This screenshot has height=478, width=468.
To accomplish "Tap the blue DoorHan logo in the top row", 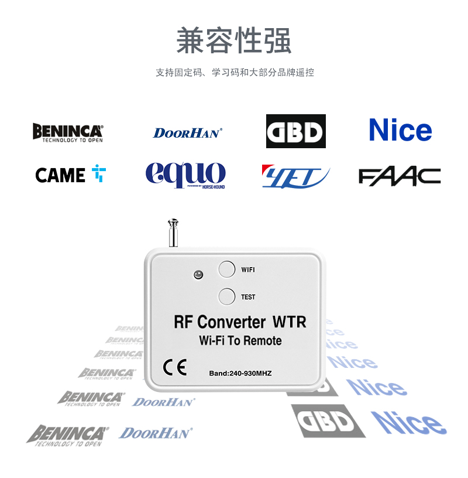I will coord(188,133).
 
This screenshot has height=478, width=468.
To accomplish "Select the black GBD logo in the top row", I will coord(296,131).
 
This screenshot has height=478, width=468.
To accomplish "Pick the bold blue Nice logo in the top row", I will coord(401,130).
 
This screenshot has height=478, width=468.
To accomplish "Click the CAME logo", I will coord(70,175).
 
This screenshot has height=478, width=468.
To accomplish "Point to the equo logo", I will coord(185,175).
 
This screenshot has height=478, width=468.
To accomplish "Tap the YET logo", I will coord(295,176).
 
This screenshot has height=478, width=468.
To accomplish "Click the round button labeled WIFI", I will coord(227,269).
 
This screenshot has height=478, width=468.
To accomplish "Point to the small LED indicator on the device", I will coord(198,274).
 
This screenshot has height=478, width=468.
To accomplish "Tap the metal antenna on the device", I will coord(173,233).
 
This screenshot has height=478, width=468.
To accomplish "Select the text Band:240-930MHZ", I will coord(240,373).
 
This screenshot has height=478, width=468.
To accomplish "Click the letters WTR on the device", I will coord(289,322).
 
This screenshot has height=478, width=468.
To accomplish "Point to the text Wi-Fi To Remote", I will coord(240,341).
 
